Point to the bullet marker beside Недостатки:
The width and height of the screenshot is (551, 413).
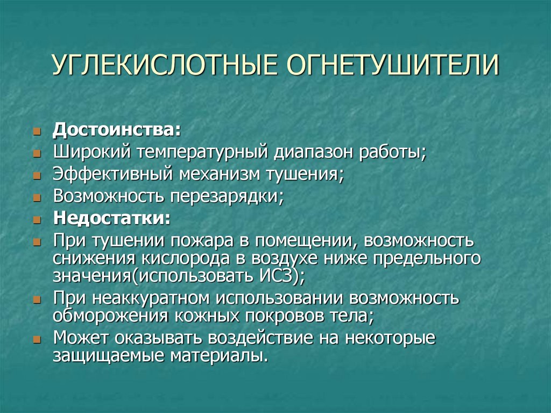coord(36,220)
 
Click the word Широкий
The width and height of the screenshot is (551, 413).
coord(91,152)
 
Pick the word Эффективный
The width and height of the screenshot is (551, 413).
coord(112,174)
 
